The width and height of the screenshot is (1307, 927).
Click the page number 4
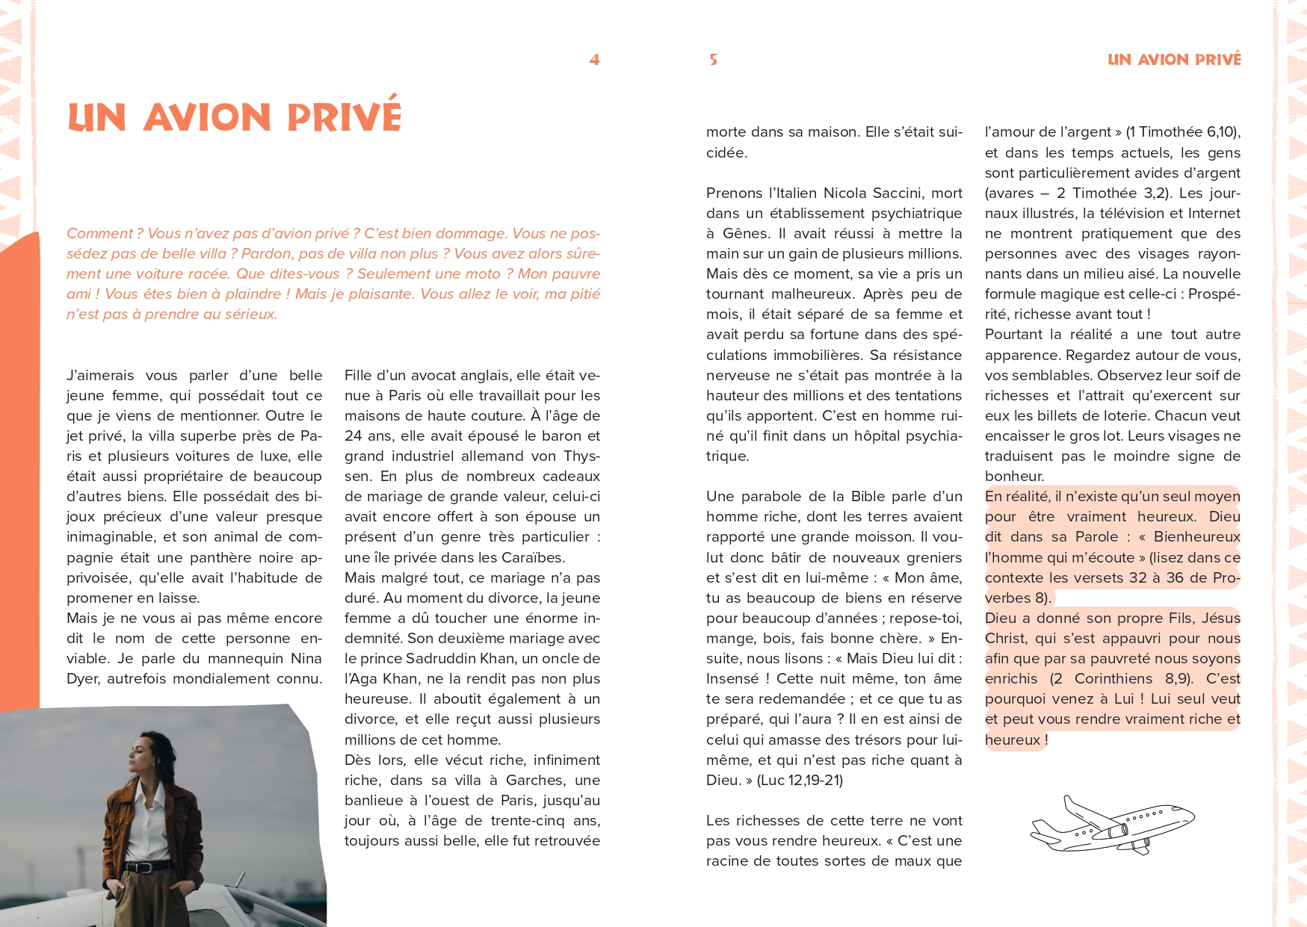[x=594, y=60]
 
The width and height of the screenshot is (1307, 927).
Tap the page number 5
[x=713, y=60]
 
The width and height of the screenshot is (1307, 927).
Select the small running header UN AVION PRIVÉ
[x=1173, y=60]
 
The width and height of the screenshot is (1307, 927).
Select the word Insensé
[x=732, y=679]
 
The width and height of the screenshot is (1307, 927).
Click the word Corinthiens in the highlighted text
[x=1113, y=679]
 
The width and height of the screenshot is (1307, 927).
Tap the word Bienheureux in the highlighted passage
[x=1196, y=537]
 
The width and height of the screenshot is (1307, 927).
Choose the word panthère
[x=224, y=558]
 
